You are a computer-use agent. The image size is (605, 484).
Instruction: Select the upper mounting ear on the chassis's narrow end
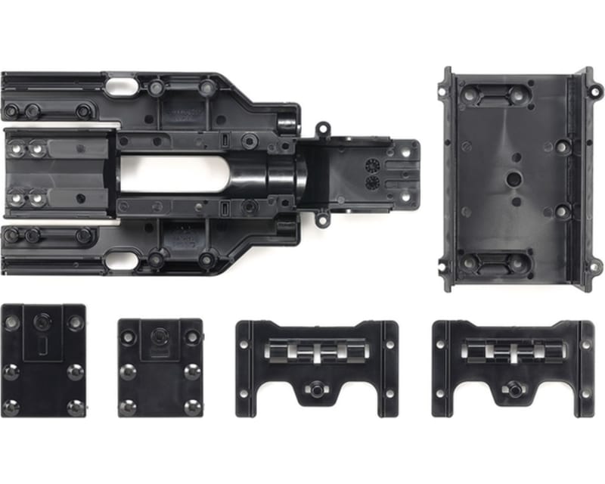click(x=322, y=129)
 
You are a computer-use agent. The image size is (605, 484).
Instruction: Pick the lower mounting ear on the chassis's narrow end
click(x=322, y=219)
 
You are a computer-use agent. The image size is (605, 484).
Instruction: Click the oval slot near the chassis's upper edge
click(x=121, y=86)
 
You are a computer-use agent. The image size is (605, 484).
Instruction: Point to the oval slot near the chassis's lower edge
click(x=121, y=261)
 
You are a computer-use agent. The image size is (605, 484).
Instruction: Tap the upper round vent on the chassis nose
click(x=371, y=165)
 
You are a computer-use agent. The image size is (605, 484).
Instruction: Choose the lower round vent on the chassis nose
click(x=371, y=182)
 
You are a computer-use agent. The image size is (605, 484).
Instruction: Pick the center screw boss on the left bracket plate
click(x=317, y=389)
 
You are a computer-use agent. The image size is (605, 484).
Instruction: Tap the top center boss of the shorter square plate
click(x=160, y=335)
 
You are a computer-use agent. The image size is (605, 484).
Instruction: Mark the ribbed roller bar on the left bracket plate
click(x=317, y=352)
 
